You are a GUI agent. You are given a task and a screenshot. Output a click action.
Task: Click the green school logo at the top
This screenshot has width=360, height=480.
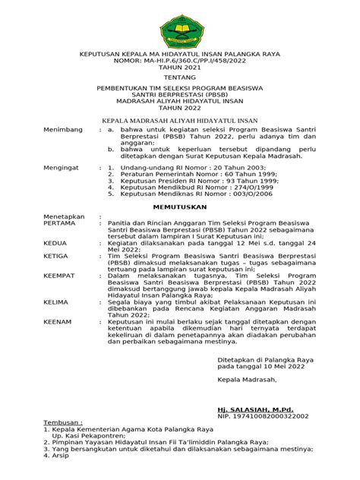tap(181, 26)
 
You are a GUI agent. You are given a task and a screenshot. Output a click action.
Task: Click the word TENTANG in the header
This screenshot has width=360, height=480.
tap(181, 77)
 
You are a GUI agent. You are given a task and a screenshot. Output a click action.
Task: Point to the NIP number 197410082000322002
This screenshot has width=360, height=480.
tap(279, 417)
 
